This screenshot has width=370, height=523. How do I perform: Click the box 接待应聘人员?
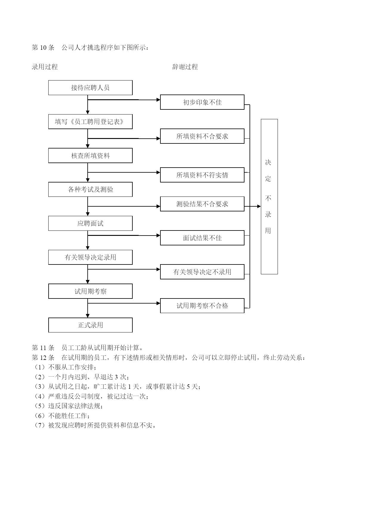point(90,88)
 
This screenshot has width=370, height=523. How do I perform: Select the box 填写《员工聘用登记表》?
point(90,122)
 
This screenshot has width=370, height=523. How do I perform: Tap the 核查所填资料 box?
point(90,156)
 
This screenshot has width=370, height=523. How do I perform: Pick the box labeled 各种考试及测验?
point(90,189)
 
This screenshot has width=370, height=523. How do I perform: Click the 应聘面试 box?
point(90,223)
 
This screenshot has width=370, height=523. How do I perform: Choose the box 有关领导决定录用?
point(90,257)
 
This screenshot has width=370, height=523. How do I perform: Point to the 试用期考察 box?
point(90,291)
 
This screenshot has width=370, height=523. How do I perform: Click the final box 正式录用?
point(90,325)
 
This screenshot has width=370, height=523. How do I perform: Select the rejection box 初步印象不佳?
point(202,102)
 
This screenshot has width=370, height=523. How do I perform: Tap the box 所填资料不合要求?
point(202,136)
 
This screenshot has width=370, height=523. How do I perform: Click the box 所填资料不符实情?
point(202,175)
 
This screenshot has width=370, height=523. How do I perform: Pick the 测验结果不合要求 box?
point(202,204)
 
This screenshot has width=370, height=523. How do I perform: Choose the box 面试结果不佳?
point(202,238)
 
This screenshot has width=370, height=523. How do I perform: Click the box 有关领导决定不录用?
point(202,272)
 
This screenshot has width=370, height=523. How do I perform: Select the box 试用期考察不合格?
point(202,306)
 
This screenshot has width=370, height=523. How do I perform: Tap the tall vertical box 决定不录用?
point(269,196)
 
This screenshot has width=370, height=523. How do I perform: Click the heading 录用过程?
point(45,67)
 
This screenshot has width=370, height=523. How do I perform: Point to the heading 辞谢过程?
point(185,67)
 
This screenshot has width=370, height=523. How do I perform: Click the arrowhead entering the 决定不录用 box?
point(259,206)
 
